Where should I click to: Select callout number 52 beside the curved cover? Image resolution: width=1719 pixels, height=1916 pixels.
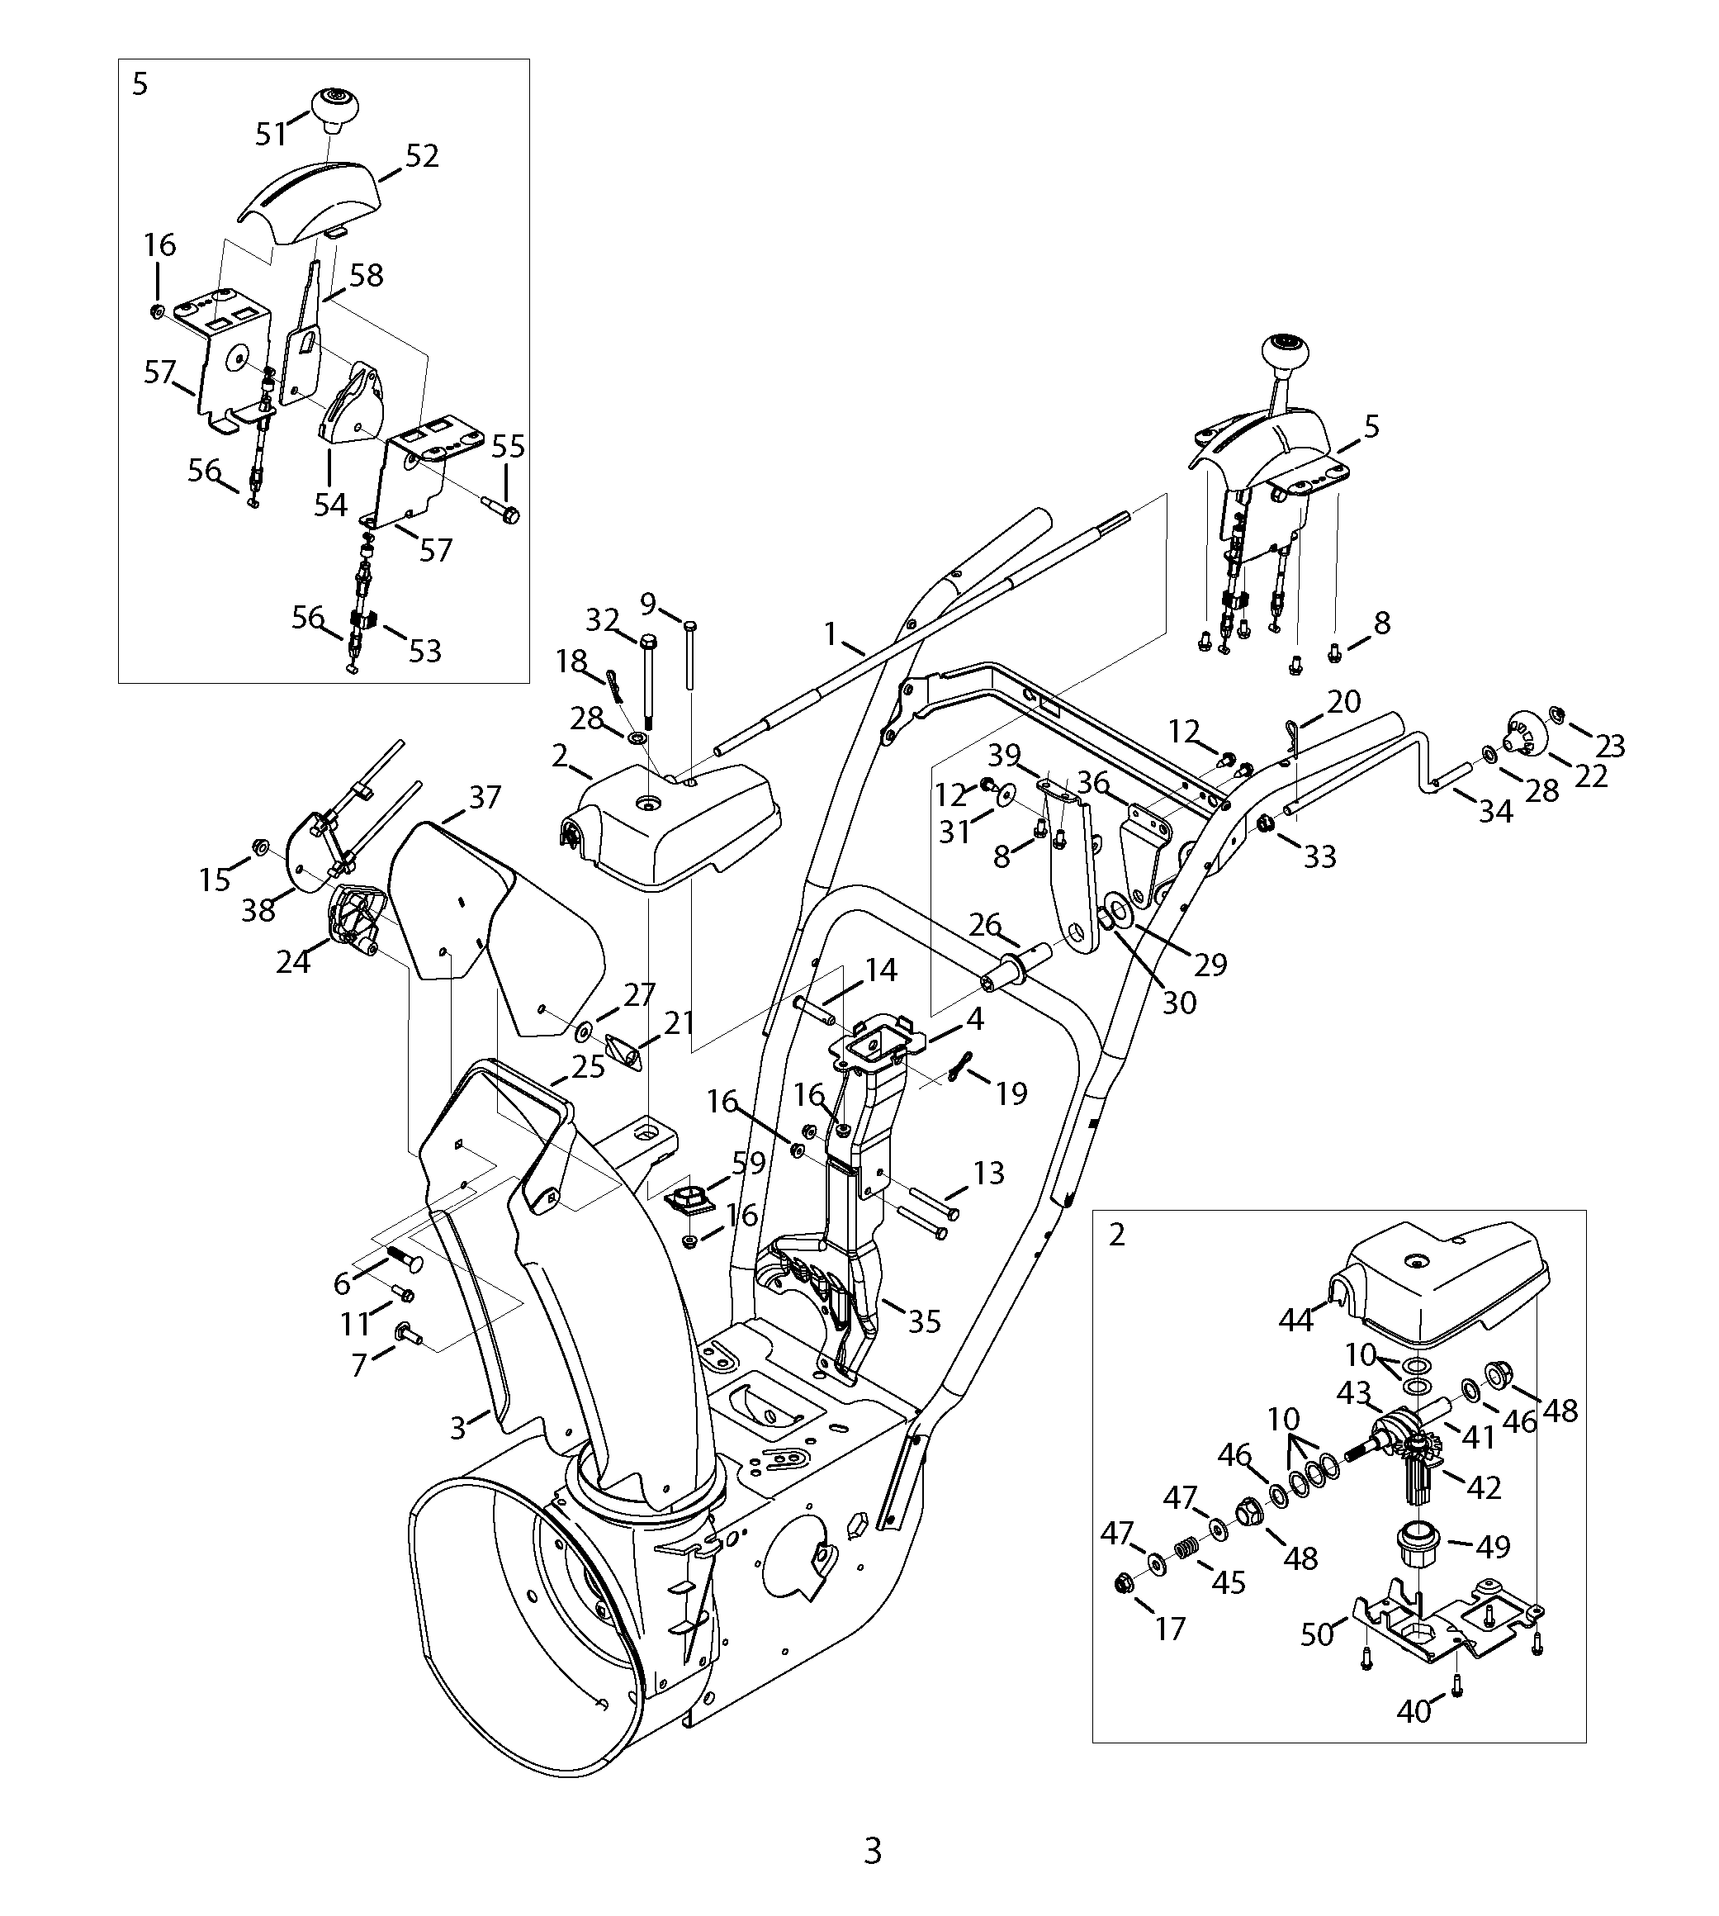[421, 157]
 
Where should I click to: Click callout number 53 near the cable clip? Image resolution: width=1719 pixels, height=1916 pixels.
[425, 651]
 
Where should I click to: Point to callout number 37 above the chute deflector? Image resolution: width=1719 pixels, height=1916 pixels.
[485, 799]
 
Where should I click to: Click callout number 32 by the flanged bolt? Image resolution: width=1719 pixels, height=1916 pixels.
[602, 621]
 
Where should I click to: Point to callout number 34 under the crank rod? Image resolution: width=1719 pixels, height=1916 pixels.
[1496, 812]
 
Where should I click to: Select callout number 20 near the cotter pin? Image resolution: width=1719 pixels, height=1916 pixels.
[1344, 701]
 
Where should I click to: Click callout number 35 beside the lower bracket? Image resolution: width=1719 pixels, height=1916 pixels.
[924, 1321]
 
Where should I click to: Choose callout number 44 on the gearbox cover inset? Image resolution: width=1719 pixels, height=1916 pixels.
[1296, 1320]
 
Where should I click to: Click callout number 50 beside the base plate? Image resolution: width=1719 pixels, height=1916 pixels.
[1318, 1634]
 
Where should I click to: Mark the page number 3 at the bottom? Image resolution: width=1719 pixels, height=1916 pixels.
[873, 1851]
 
